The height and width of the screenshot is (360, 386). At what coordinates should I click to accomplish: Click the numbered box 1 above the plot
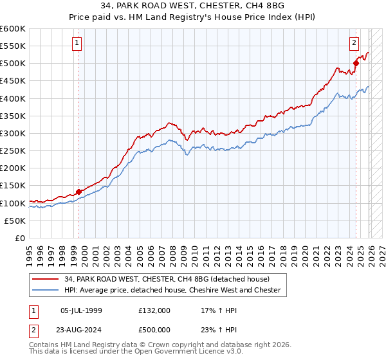point(77,43)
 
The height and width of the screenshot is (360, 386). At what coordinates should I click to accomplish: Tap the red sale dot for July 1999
point(78,192)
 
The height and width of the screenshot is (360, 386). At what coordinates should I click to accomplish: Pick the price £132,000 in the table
point(154,310)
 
